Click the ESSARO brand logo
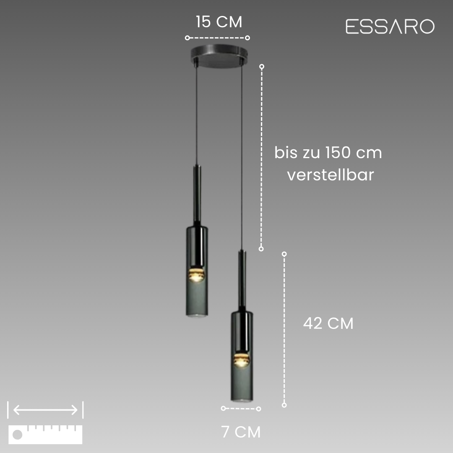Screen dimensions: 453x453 pyautogui.click(x=390, y=26)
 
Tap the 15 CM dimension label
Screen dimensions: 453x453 pyautogui.click(x=219, y=22)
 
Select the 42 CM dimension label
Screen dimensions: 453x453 pyautogui.click(x=328, y=323)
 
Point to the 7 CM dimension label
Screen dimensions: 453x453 pyautogui.click(x=241, y=432)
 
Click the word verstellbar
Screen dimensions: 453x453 pyautogui.click(x=331, y=175)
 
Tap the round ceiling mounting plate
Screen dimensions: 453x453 pyautogui.click(x=219, y=56)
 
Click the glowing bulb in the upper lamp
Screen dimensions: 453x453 pyautogui.click(x=196, y=275)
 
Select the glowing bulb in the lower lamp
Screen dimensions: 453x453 pyautogui.click(x=242, y=360)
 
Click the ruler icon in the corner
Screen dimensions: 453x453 pyautogui.click(x=45, y=435)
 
